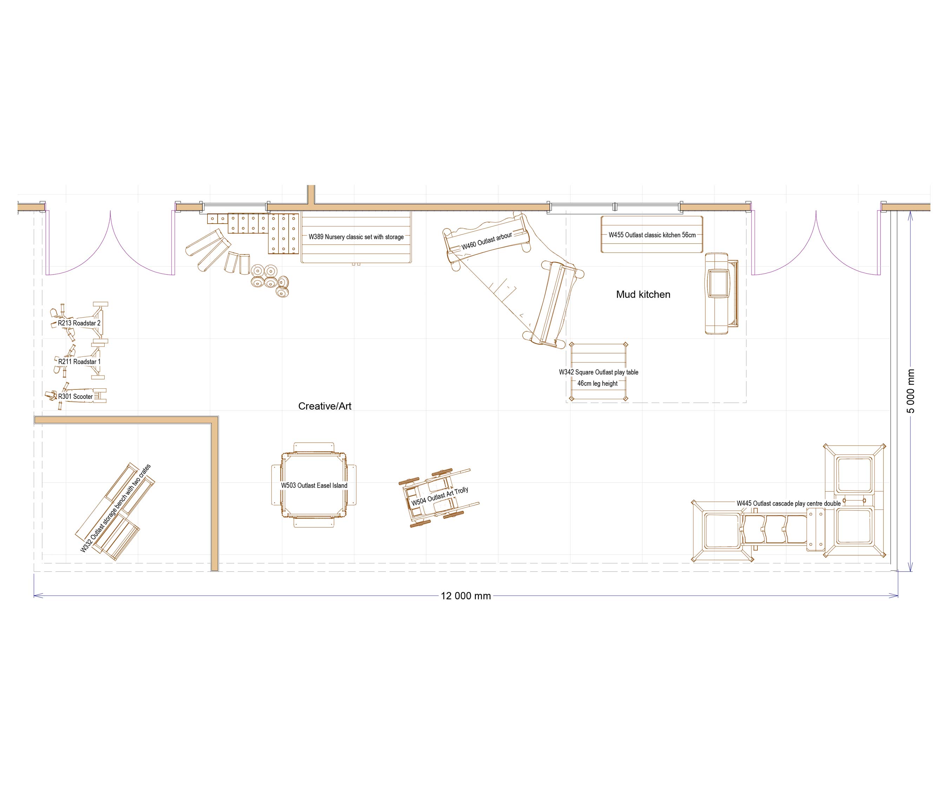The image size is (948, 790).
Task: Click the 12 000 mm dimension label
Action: point(466,596)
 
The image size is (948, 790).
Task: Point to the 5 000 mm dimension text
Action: point(910,391)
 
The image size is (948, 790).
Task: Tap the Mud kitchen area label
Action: point(643,294)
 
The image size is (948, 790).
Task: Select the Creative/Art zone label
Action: point(324,406)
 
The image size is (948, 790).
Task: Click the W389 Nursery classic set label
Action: point(356,237)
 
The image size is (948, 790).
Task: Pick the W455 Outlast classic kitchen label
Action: point(652,235)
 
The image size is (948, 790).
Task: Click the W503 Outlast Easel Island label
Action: point(314,485)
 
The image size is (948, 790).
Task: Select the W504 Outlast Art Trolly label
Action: point(440,496)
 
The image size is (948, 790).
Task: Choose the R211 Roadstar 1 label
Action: point(79,361)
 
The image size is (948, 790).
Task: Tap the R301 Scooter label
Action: point(75,396)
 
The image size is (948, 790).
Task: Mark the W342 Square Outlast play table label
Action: point(599,372)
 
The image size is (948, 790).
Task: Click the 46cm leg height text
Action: point(597,383)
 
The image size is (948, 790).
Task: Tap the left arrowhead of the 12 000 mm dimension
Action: point(36,596)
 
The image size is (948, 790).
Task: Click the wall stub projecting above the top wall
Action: point(311,194)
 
